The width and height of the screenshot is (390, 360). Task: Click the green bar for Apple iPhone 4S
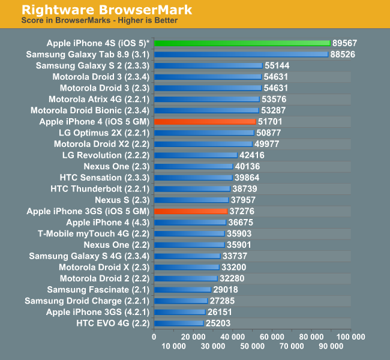(x=242, y=43)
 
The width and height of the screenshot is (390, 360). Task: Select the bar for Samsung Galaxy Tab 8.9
(x=241, y=54)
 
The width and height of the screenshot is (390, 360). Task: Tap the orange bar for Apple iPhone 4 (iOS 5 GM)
(x=205, y=121)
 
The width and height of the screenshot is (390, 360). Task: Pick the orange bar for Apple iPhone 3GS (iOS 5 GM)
(x=191, y=211)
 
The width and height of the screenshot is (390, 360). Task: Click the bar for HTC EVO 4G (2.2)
(x=179, y=323)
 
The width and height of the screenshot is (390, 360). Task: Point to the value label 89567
(x=346, y=43)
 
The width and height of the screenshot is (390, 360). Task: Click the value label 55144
(x=278, y=65)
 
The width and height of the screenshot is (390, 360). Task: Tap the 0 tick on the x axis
(x=154, y=337)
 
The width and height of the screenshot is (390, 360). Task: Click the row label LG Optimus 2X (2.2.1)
(x=104, y=133)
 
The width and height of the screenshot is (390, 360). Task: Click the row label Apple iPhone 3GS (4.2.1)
(x=97, y=312)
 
